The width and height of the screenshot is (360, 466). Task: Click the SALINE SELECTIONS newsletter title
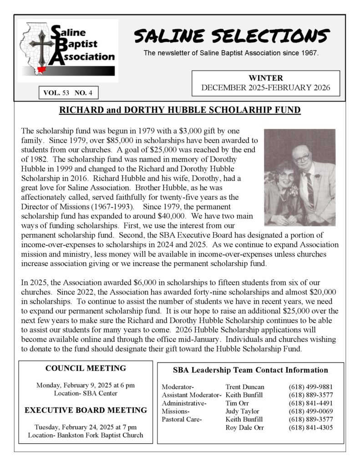[232, 35]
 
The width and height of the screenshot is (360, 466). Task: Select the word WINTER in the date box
[266, 78]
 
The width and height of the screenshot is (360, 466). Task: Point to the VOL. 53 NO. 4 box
[68, 93]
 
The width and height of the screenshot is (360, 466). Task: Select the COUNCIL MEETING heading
[86, 368]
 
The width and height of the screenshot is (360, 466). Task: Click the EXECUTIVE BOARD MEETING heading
[86, 410]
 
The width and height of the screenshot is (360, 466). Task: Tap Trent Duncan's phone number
[307, 387]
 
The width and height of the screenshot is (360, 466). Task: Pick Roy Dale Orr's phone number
[307, 427]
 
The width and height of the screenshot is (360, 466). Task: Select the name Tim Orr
[237, 403]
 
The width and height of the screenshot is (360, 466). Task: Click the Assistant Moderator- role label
[192, 395]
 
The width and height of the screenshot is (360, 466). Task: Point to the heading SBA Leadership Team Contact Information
[250, 370]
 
